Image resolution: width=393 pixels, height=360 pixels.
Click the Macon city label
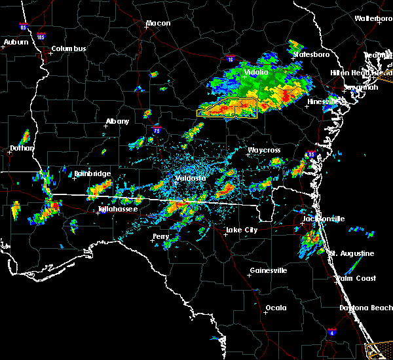[158, 24]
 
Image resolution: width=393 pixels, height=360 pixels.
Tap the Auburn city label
[16, 42]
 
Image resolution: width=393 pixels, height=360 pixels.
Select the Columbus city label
[69, 48]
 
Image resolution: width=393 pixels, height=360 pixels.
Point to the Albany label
[118, 121]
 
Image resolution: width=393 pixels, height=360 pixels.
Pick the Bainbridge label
[92, 173]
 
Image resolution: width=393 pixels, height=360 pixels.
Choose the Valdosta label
[191, 178]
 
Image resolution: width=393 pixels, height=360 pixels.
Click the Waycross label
[264, 151]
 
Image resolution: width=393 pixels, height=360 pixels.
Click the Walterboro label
[373, 18]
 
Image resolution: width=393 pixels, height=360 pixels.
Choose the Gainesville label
[269, 270]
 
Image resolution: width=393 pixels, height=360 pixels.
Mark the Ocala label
[276, 308]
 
